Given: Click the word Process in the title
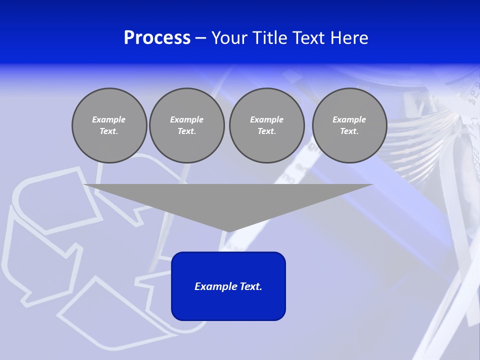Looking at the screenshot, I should [157, 38].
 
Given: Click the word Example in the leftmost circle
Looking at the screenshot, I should [109, 119].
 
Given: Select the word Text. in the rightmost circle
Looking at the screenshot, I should [349, 131].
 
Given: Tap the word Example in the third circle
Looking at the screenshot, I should [266, 119].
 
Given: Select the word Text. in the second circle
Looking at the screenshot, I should [186, 131].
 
